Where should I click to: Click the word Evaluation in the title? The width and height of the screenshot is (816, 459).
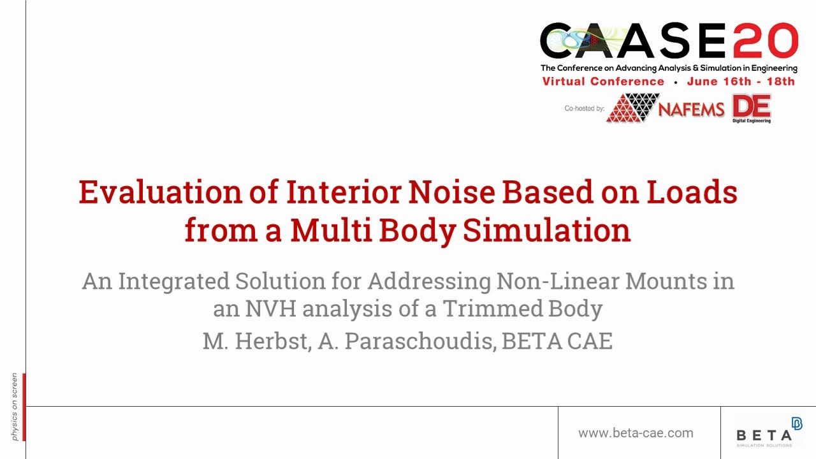click(x=161, y=192)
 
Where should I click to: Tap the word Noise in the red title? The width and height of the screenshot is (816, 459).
click(x=452, y=192)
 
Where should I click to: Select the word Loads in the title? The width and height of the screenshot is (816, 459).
click(x=692, y=192)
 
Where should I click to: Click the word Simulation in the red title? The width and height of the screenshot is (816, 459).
click(x=547, y=230)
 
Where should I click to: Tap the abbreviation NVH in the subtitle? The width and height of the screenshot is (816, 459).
click(x=270, y=309)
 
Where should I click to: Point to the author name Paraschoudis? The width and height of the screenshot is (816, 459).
click(x=420, y=341)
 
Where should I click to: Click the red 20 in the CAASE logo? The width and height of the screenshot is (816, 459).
click(x=766, y=40)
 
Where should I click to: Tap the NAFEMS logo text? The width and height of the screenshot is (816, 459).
click(x=691, y=109)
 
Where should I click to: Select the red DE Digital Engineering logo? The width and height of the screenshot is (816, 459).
click(x=752, y=108)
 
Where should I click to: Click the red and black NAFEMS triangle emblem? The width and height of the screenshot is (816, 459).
click(x=632, y=108)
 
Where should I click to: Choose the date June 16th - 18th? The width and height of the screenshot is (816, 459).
click(x=741, y=81)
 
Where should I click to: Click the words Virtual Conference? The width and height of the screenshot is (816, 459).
click(x=603, y=81)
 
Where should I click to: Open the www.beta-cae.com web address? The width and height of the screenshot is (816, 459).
click(x=636, y=433)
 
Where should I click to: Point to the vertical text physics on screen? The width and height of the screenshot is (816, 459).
click(x=14, y=407)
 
